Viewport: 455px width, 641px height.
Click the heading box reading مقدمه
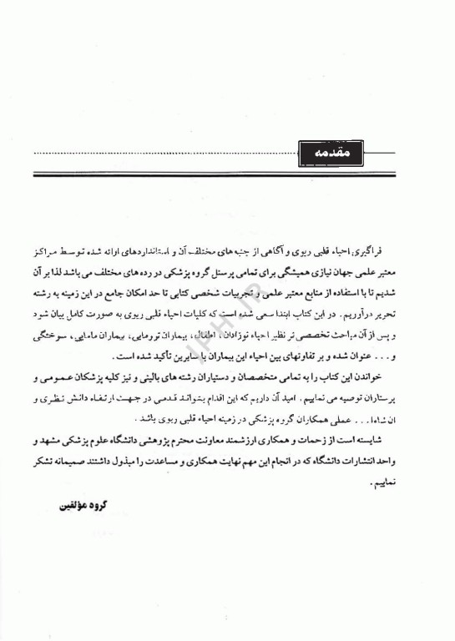click(x=322, y=155)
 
